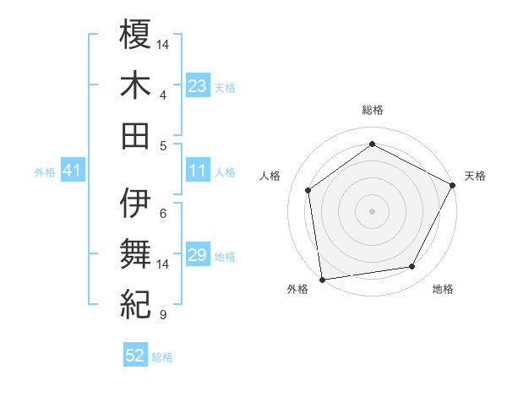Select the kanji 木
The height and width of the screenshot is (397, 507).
(136, 85)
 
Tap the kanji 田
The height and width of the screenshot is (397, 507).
(136, 136)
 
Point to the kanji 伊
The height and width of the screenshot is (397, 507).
(136, 203)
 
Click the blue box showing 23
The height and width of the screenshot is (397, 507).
(198, 86)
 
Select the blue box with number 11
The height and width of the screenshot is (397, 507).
(198, 171)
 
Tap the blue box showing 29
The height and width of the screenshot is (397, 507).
(198, 255)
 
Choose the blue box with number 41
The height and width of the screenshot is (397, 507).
(72, 171)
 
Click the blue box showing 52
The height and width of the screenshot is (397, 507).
(135, 356)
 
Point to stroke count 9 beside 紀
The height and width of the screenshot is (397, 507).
(162, 316)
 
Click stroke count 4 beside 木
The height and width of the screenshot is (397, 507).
(162, 95)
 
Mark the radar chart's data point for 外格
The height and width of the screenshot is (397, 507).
(322, 279)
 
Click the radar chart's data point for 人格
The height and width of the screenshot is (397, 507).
(308, 190)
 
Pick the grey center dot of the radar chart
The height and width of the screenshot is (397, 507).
(372, 210)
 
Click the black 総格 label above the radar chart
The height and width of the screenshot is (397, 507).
(372, 110)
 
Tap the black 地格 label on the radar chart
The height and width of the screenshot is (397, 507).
(443, 290)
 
